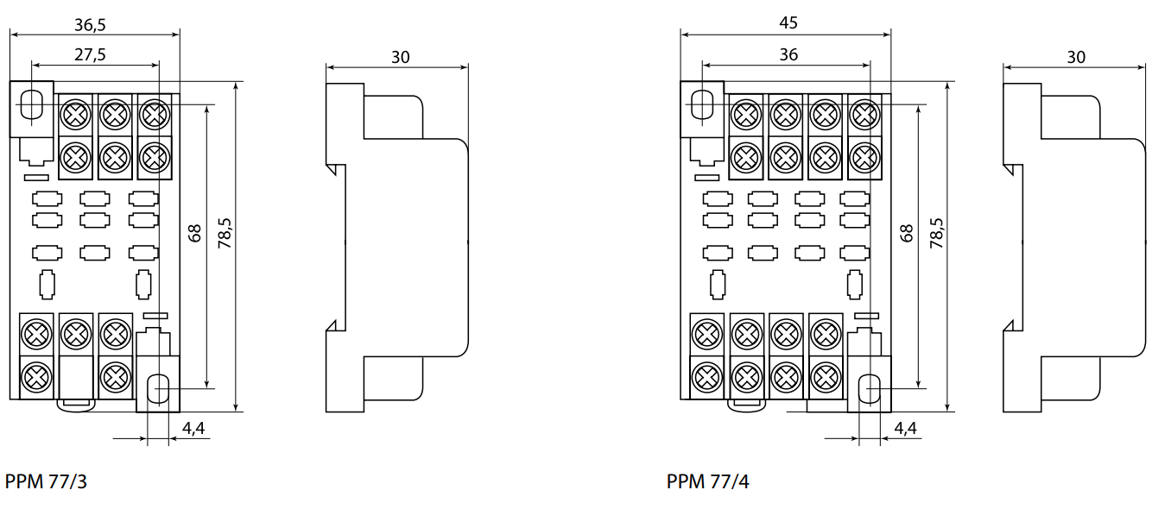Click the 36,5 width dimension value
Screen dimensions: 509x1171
point(95,23)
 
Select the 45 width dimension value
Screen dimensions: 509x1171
point(788,23)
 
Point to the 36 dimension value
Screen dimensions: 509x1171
point(788,53)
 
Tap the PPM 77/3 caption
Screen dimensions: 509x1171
point(47,481)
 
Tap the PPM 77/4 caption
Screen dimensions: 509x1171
point(708,481)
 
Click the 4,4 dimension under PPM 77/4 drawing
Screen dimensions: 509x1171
point(905,427)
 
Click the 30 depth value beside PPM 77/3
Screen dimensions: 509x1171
point(400,57)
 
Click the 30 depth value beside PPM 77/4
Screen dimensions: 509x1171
point(1076,57)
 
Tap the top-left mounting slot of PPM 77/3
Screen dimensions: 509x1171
point(31,105)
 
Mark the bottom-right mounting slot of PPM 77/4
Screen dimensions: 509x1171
point(870,389)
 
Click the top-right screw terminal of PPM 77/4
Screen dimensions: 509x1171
point(865,113)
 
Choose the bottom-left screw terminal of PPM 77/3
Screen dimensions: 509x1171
point(36,375)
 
